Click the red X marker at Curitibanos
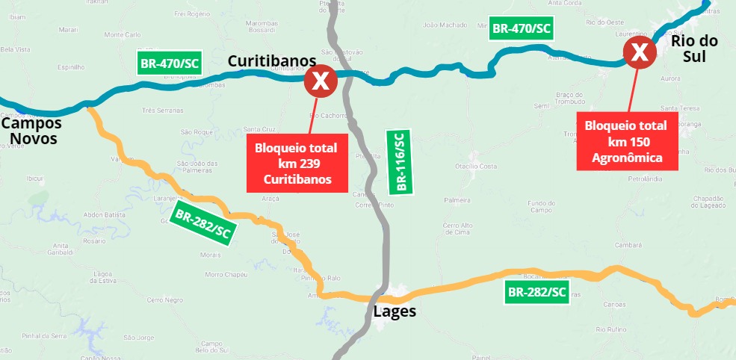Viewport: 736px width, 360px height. pos(321,81)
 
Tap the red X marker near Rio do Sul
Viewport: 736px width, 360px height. pos(640,53)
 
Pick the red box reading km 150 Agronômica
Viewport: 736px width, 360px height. pos(627,140)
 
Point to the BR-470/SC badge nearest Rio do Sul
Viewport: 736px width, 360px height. pos(521,29)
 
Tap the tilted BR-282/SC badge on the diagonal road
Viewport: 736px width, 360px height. pos(202,224)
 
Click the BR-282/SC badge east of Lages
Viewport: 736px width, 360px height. pos(536,292)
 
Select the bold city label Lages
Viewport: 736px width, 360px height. pos(394,311)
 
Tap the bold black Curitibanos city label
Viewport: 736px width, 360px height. pos(272,60)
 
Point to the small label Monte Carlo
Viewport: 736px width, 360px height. pos(123,35)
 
